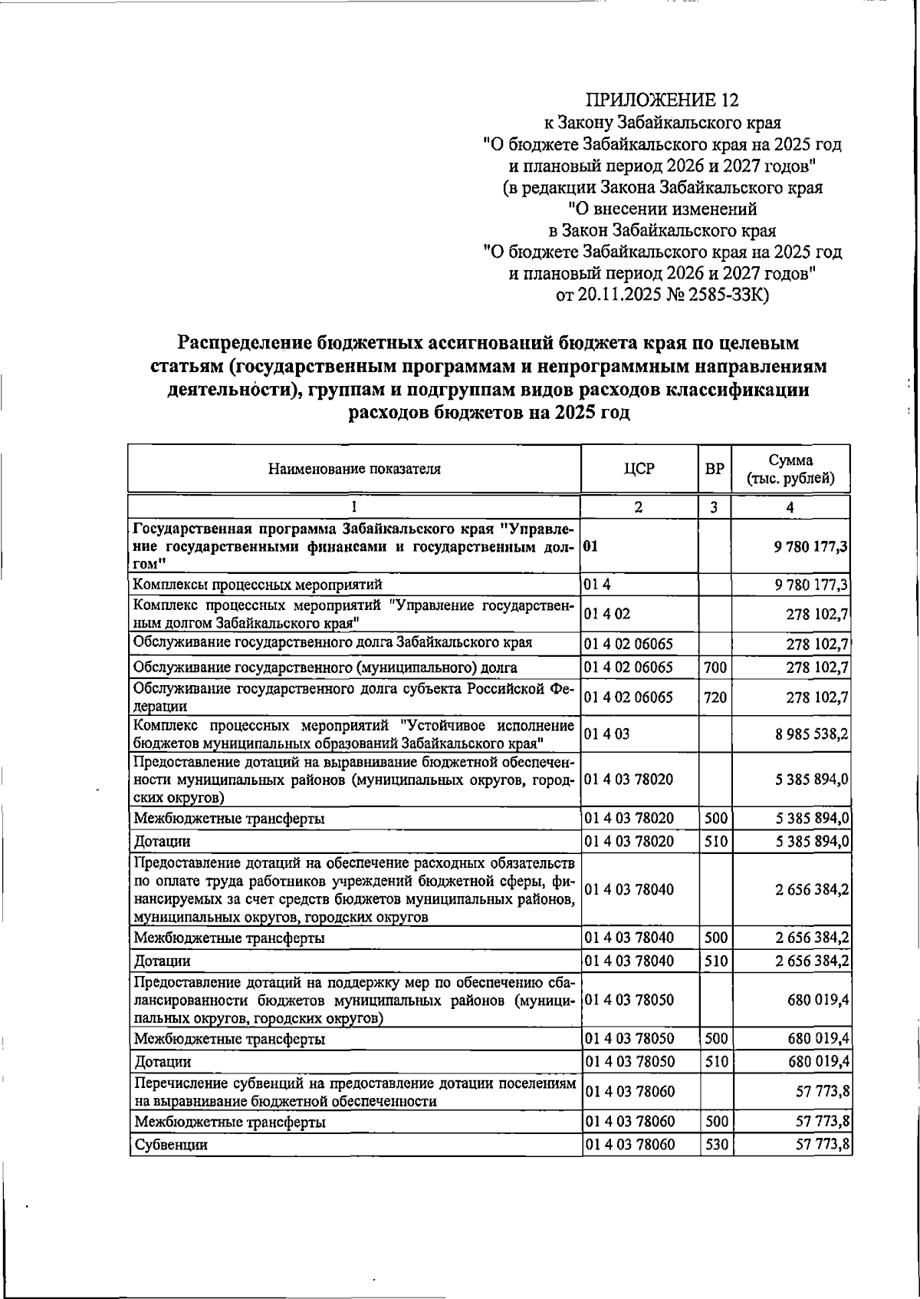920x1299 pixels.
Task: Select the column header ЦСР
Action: click(639, 468)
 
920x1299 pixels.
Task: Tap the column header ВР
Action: click(715, 468)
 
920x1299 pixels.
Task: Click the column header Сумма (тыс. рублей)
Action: click(790, 469)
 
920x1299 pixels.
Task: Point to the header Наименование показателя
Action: click(354, 469)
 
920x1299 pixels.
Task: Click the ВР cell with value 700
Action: click(715, 668)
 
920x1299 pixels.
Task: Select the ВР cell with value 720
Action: click(715, 697)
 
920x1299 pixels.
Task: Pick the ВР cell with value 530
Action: click(715, 1167)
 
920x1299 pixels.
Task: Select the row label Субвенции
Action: click(171, 1167)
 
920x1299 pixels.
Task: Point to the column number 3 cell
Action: click(715, 507)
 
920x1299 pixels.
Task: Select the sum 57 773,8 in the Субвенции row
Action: click(822, 1167)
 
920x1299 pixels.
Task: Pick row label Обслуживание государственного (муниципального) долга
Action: click(325, 668)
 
